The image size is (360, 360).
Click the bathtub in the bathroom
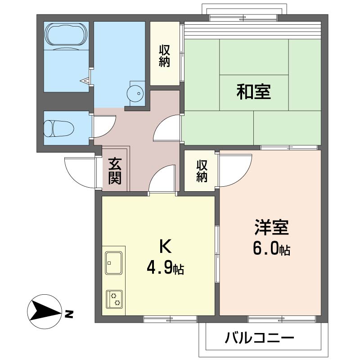tap(66, 36)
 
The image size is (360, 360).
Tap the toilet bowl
tap(59, 128)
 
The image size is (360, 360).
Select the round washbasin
tap(135, 94)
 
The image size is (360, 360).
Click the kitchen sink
tap(114, 263)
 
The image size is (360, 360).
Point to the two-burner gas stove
tap(114, 299)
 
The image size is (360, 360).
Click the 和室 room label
tap(254, 92)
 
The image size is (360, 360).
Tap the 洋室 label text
tap(271, 227)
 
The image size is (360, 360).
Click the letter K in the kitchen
tap(166, 246)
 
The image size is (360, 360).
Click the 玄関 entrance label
tap(115, 171)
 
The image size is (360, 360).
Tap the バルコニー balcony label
tap(260, 338)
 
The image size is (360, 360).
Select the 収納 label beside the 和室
tap(165, 56)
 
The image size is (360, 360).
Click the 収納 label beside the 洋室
tap(202, 171)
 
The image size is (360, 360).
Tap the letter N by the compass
tap(69, 314)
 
